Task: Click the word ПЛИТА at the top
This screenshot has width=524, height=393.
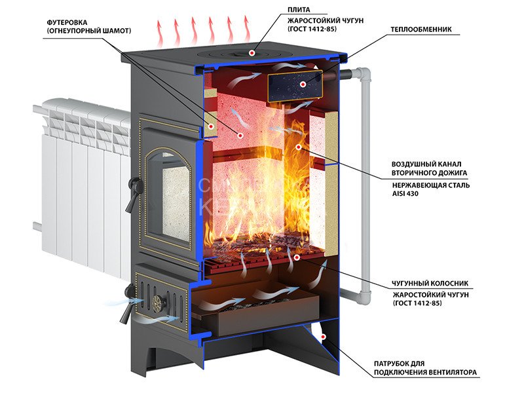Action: pyautogui.click(x=299, y=10)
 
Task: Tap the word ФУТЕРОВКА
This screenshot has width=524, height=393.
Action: pyautogui.click(x=67, y=22)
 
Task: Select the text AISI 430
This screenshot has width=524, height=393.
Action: pyautogui.click(x=405, y=193)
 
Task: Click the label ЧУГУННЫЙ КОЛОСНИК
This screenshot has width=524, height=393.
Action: pyautogui.click(x=430, y=284)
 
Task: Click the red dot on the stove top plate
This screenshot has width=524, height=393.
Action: pyautogui.click(x=252, y=53)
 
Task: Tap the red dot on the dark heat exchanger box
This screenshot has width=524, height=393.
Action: pyautogui.click(x=303, y=84)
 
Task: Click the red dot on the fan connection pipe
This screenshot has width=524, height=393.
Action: pyautogui.click(x=323, y=337)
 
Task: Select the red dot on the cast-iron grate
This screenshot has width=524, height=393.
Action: pyautogui.click(x=296, y=257)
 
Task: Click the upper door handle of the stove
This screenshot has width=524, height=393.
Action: pyautogui.click(x=132, y=195)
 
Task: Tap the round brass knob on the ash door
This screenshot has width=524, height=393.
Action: pyautogui.click(x=158, y=302)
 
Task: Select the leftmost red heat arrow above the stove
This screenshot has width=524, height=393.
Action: pyautogui.click(x=160, y=33)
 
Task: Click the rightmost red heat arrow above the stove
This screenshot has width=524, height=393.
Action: pyautogui.click(x=247, y=29)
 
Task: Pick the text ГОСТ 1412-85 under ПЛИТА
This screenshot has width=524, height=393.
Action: pyautogui.click(x=312, y=29)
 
